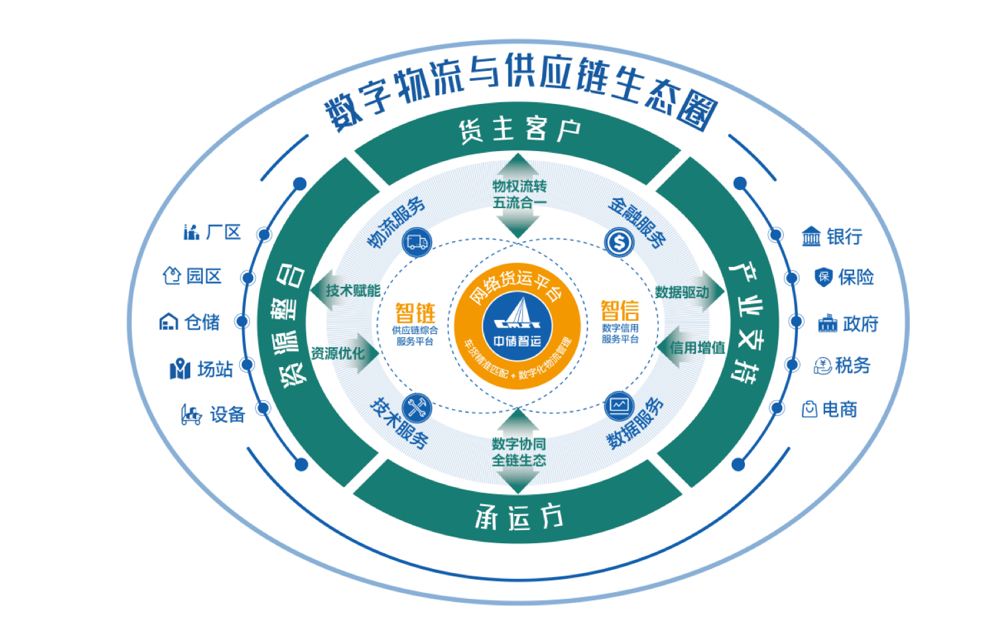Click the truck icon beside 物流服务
click(x=417, y=242)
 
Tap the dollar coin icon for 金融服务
click(x=619, y=242)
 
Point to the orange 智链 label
click(x=415, y=313)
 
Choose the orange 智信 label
click(x=620, y=311)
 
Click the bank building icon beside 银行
click(x=811, y=237)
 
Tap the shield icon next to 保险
click(x=823, y=277)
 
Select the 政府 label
click(x=861, y=324)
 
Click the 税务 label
click(x=853, y=365)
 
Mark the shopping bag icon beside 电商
click(x=809, y=409)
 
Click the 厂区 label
click(x=223, y=232)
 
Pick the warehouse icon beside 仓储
click(x=169, y=322)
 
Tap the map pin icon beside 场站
click(x=180, y=369)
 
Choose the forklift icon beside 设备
click(x=191, y=415)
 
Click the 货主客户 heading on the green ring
click(x=519, y=130)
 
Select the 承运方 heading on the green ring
click(x=519, y=517)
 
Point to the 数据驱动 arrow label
click(x=682, y=292)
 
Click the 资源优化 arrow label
click(x=338, y=353)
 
